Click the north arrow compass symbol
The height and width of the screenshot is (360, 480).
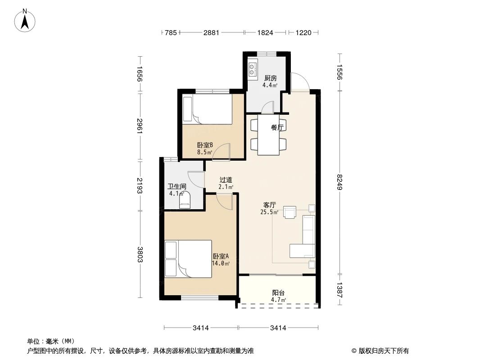coord(25,20)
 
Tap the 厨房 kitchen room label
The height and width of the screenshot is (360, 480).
coord(270,78)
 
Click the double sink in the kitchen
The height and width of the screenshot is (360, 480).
coord(252,69)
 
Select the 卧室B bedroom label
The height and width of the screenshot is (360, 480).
coord(205,145)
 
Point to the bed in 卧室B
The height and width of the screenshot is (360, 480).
coord(208,109)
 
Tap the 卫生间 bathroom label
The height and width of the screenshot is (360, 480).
coord(177,186)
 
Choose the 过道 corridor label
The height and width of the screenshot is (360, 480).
coord(226,180)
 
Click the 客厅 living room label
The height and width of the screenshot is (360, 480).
coord(270,205)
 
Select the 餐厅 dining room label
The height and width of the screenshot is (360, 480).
coord(277,127)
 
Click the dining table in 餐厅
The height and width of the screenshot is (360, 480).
coord(268,135)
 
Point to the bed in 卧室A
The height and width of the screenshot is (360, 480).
coord(188,259)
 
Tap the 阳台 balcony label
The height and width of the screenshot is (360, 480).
coord(278,292)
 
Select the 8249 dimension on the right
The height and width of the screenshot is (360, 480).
coord(339,182)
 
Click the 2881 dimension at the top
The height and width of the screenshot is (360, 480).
coord(211,32)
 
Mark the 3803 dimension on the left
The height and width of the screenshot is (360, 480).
coord(140,255)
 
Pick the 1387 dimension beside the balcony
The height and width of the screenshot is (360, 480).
coord(339,290)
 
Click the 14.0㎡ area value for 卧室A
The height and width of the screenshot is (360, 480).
coord(221,263)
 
